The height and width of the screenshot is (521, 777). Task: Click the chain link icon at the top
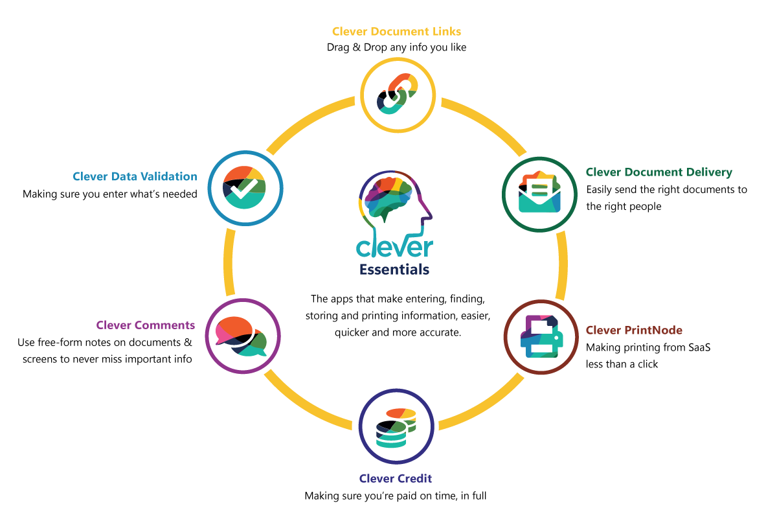pos(397,95)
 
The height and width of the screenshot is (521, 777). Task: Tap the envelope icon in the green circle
pos(539,193)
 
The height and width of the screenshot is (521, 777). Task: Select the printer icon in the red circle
pos(541,336)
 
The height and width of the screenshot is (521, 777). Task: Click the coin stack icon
pos(396,426)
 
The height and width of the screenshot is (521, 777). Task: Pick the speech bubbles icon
pos(242,336)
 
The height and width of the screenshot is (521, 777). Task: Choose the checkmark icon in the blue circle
pos(245,188)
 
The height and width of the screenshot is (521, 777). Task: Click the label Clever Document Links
pos(396,31)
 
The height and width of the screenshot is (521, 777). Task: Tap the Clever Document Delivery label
pos(659,172)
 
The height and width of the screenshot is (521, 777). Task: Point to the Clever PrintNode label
pos(634,330)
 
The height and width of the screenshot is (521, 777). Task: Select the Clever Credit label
pos(396,479)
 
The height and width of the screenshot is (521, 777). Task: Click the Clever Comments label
pos(146,325)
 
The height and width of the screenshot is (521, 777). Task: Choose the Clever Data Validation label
pos(135,176)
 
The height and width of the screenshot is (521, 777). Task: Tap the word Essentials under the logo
pos(394,269)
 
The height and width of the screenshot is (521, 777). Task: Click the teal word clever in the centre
pos(394,247)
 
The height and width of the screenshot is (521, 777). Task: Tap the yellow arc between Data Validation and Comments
pos(229,262)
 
